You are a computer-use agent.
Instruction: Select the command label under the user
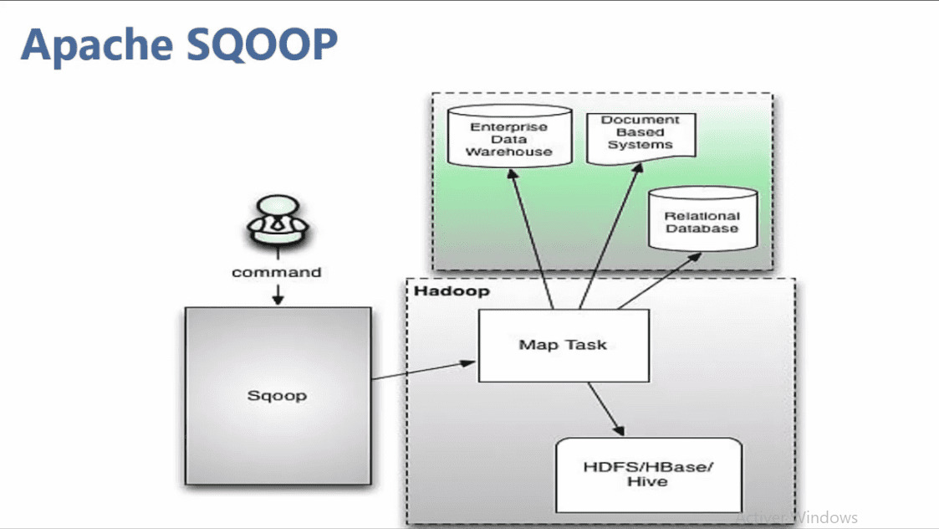[276, 272]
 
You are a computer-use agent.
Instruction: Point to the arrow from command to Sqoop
[278, 294]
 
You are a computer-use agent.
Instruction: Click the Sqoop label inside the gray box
[277, 395]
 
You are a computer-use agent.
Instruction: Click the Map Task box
[563, 345]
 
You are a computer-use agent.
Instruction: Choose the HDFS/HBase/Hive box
[649, 474]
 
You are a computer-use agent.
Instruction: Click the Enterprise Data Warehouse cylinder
[508, 136]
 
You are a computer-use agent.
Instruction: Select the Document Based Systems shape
[640, 134]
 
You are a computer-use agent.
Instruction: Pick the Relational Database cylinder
[702, 219]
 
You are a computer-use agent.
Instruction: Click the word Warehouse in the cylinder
[508, 152]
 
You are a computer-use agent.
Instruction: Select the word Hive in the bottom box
[649, 482]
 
